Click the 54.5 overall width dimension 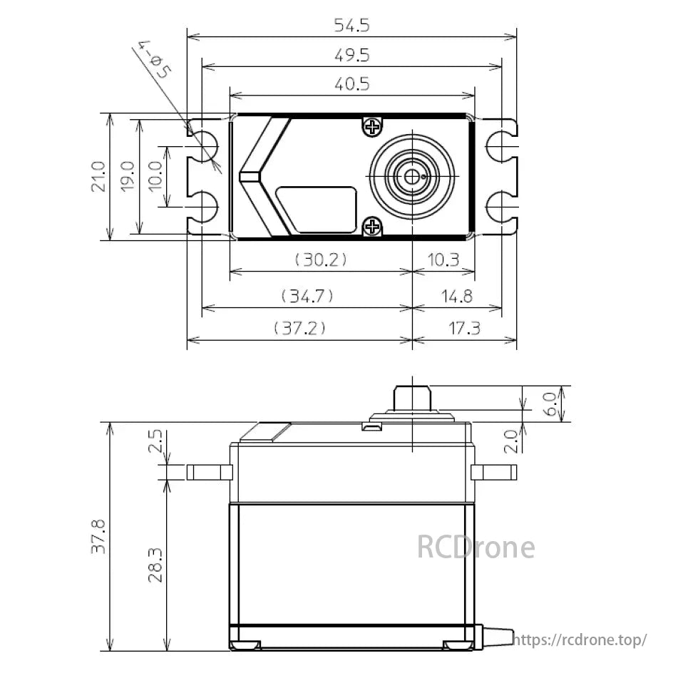pos(351,26)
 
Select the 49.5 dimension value pos(351,56)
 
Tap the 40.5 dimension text pos(351,84)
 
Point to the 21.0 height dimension pos(98,176)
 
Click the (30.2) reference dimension pos(321,260)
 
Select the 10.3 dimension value pos(444,260)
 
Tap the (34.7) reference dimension pos(307,295)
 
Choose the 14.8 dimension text pos(456,295)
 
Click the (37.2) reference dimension pos(299,328)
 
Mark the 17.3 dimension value pos(464,328)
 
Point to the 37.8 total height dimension pos(98,536)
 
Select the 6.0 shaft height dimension pos(551,404)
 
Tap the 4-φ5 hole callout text pos(155,63)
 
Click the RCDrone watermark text pos(475,548)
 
